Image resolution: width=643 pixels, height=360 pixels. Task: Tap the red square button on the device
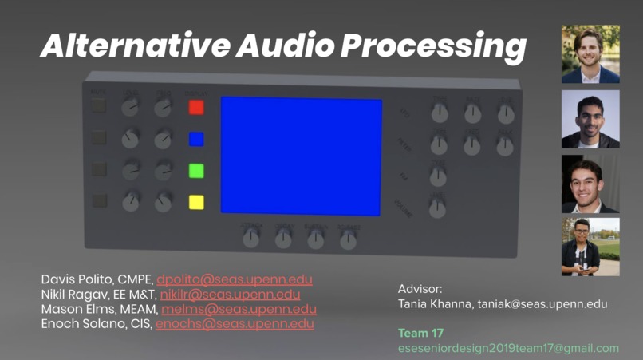pos(196,107)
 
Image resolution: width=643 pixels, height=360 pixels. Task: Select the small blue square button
pos(196,139)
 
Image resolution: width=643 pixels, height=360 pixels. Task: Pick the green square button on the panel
pos(196,170)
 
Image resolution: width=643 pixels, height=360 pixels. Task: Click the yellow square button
pos(196,201)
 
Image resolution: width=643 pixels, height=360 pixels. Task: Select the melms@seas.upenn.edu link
pos(239,309)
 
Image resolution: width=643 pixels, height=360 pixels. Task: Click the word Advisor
pos(420,288)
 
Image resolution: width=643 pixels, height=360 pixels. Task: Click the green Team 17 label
pos(420,333)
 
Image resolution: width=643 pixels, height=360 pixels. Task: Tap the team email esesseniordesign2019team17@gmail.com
pos(508,348)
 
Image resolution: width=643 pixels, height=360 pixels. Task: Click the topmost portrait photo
pos(590,54)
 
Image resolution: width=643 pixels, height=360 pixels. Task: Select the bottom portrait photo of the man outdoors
pos(590,247)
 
